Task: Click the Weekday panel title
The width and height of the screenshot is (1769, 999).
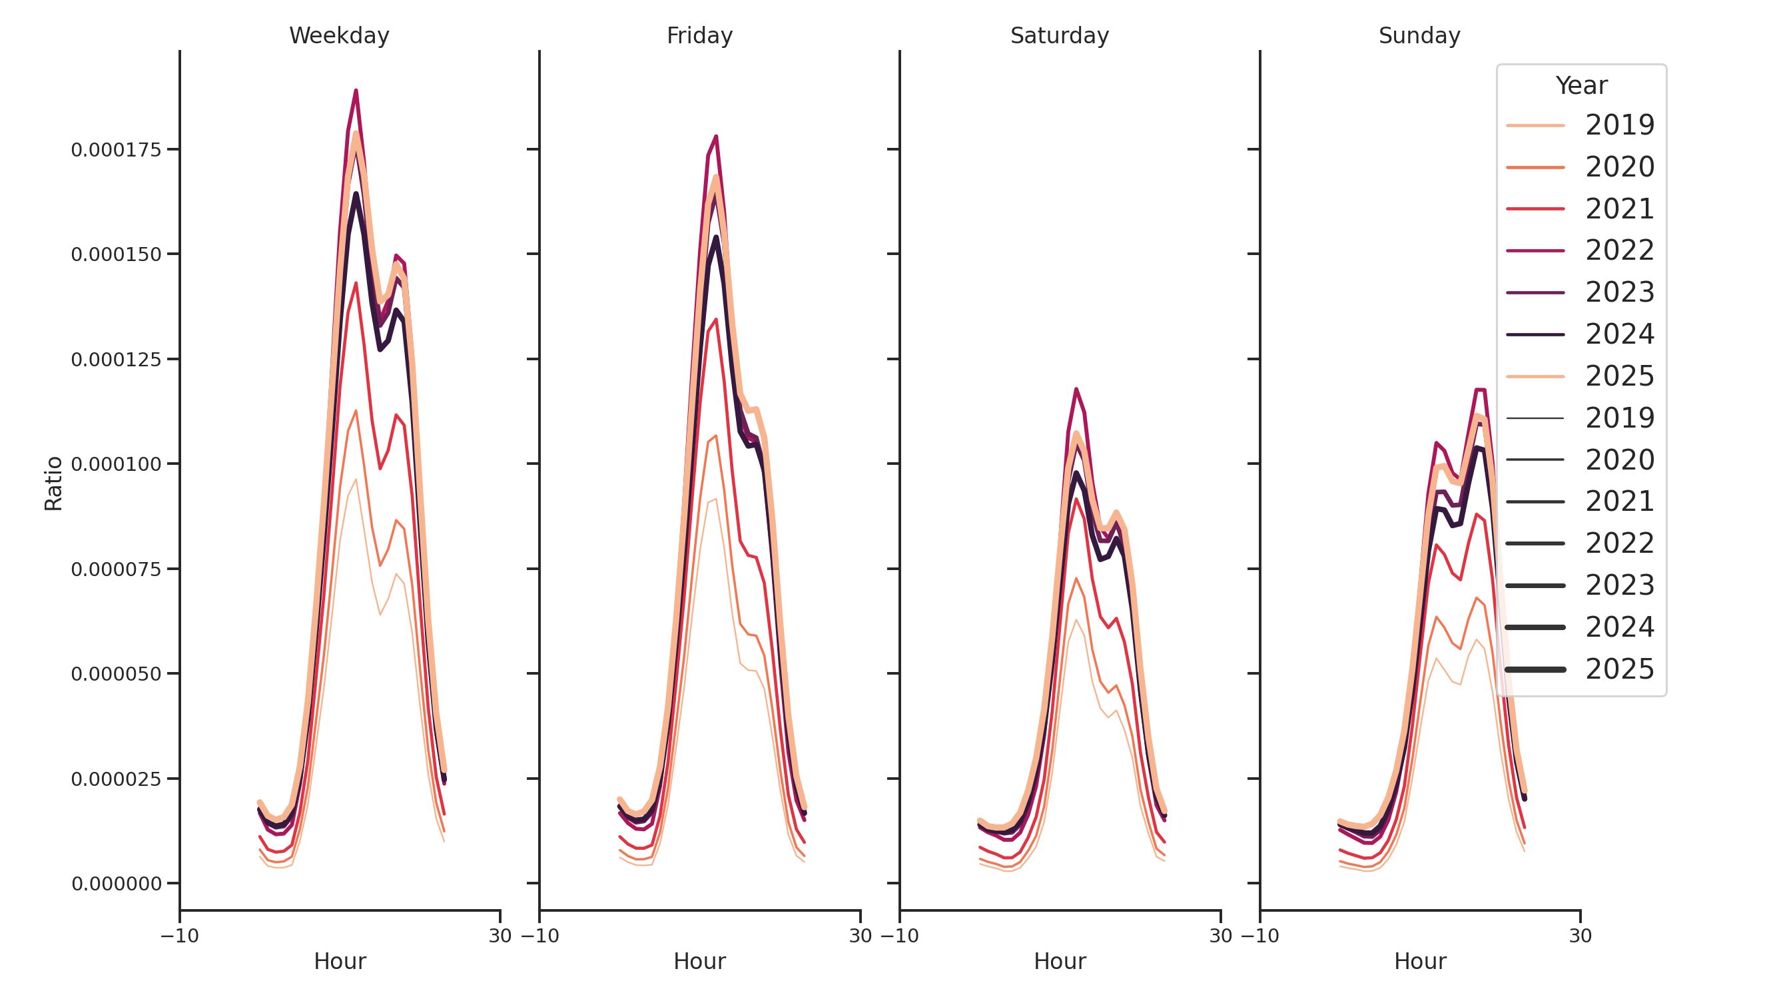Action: tap(338, 36)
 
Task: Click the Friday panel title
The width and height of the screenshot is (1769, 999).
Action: tap(699, 36)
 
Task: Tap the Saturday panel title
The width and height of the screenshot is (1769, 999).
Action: tap(1059, 36)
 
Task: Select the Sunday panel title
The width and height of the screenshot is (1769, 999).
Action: tap(1419, 36)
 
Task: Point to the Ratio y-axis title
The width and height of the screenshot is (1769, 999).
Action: tap(53, 484)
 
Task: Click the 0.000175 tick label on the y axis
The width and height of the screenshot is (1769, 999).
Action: tap(115, 151)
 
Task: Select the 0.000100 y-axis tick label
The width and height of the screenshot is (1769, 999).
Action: tap(115, 465)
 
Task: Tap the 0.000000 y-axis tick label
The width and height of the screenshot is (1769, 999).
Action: tap(115, 884)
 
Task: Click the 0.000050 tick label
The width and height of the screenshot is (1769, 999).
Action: tap(115, 674)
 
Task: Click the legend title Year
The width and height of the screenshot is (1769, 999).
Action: tap(1581, 86)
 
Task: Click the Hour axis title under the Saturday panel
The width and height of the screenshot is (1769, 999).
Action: tap(1059, 961)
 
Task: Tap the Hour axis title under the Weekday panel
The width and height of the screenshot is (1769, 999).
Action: tap(339, 961)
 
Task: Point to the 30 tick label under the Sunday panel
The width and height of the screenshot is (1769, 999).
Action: tap(1579, 936)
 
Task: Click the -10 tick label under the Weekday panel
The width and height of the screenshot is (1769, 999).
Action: tap(179, 936)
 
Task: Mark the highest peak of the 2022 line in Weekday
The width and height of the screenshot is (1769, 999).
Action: tap(356, 91)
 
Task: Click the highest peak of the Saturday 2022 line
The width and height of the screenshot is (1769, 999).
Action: tap(1076, 390)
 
